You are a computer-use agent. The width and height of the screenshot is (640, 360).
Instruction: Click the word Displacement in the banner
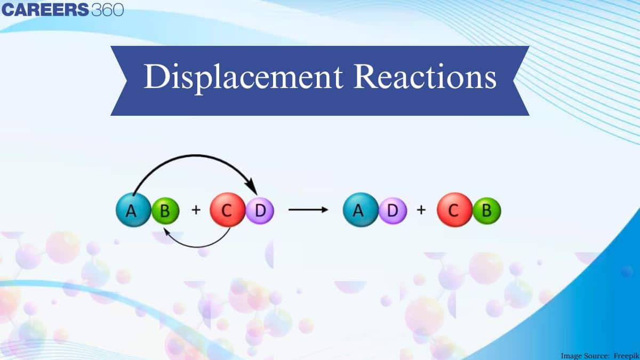coord(243,78)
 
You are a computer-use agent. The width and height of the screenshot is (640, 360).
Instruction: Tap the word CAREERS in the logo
coord(45,10)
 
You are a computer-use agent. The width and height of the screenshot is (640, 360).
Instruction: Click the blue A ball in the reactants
coord(131,211)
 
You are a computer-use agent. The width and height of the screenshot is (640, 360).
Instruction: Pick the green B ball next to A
coord(164,211)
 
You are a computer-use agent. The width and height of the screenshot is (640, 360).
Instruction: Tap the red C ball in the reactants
coord(227,211)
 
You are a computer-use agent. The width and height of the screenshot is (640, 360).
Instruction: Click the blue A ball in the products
coord(359,211)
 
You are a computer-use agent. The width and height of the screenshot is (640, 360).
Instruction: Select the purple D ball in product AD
coord(393,211)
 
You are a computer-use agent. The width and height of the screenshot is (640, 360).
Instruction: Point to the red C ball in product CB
coord(453,211)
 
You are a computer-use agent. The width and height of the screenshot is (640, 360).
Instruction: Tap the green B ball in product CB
coord(486,211)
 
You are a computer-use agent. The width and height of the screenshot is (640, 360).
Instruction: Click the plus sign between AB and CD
coord(196,210)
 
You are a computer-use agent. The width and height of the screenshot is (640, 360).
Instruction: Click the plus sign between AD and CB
coord(421,210)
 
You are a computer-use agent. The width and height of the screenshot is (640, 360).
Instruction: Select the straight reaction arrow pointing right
coord(308,210)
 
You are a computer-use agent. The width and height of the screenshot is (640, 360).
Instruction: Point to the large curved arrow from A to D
coord(192,158)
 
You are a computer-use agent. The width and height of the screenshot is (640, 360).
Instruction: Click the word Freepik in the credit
coord(623,355)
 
